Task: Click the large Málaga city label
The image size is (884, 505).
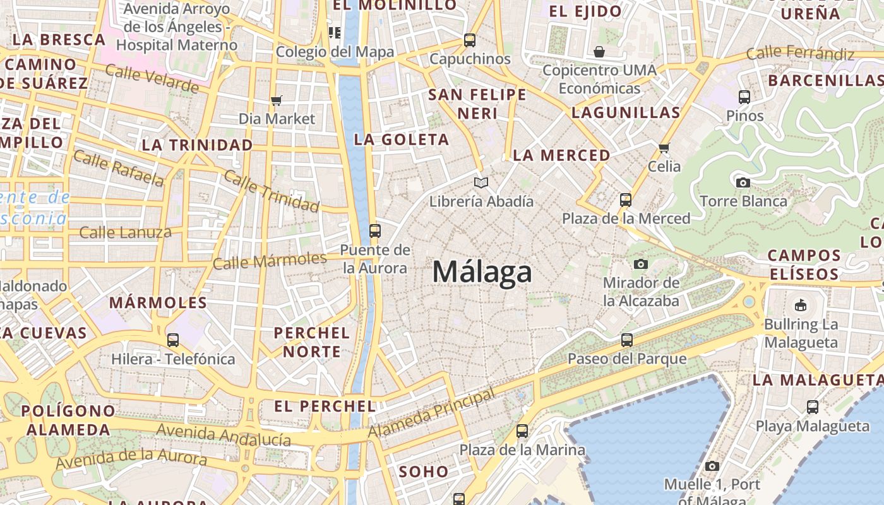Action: (482, 272)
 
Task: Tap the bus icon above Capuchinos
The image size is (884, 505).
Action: (469, 40)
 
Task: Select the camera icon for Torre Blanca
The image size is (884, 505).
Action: (743, 182)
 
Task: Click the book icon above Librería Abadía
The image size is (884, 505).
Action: (481, 182)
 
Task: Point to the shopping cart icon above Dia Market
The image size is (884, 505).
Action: (276, 100)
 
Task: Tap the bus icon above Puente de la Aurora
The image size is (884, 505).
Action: (375, 231)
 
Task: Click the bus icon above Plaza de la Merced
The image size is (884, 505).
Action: (626, 200)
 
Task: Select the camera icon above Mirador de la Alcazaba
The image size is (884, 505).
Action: (641, 264)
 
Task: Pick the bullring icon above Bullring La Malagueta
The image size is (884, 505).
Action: (801, 306)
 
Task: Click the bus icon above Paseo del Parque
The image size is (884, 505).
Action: (626, 340)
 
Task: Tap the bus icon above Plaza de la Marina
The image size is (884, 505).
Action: (522, 432)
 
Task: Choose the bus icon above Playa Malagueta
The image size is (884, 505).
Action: (813, 407)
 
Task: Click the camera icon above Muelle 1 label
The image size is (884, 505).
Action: (712, 466)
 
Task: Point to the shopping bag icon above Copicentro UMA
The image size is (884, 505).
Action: (599, 51)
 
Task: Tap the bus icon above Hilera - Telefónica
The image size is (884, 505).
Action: (173, 340)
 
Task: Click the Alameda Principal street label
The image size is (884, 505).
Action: (432, 414)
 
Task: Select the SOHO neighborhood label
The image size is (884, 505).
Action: (423, 471)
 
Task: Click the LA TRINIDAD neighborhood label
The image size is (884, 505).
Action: (197, 145)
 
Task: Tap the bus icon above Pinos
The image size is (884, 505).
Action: (744, 97)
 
